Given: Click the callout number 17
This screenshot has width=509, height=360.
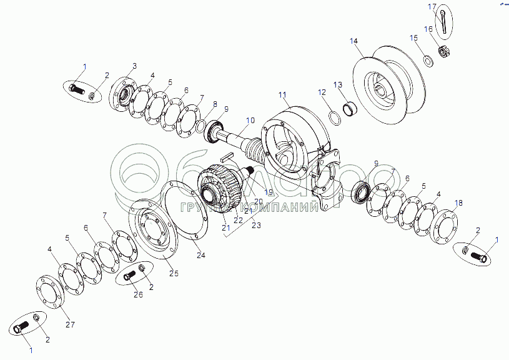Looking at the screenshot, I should (430, 6).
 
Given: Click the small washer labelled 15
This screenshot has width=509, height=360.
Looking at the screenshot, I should (429, 60).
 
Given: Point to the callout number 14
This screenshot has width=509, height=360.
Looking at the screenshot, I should (354, 41).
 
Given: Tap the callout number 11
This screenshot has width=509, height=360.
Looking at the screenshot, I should (282, 95).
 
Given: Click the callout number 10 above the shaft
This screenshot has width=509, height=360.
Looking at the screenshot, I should (250, 120).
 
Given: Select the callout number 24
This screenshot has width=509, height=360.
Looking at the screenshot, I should (200, 255).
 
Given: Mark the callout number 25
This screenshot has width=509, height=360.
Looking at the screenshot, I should (174, 273).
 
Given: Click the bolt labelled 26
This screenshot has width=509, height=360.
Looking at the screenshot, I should (130, 275).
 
